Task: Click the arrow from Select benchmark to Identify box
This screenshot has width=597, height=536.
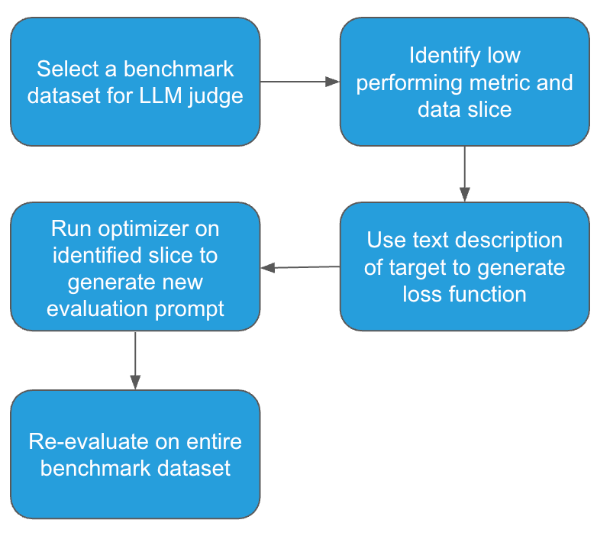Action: click(x=299, y=82)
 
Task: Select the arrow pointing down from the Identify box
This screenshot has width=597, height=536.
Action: click(x=464, y=173)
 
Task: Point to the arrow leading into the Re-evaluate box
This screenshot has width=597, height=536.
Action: click(x=135, y=360)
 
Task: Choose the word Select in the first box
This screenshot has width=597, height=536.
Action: click(x=67, y=69)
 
